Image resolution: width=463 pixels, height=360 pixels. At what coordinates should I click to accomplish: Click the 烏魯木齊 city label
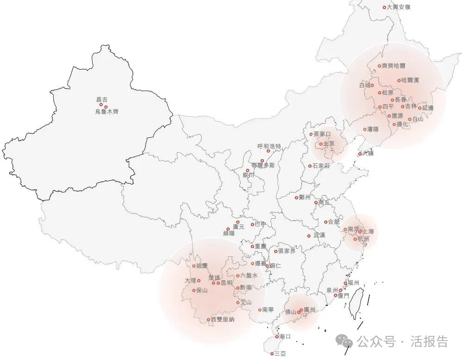click(106, 112)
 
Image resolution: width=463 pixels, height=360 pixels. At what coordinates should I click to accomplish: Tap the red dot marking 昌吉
click(101, 105)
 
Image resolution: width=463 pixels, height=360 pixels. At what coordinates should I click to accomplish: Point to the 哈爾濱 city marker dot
click(399, 81)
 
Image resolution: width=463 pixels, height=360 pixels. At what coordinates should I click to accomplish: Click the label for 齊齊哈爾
click(393, 66)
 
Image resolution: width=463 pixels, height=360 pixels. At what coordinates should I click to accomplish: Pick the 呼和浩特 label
click(269, 146)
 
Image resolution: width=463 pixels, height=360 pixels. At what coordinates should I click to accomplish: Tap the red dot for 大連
click(360, 154)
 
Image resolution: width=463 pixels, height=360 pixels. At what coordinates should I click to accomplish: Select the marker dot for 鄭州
click(297, 198)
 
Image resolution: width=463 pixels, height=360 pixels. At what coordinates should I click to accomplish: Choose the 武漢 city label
click(319, 236)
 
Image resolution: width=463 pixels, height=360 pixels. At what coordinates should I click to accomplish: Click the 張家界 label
click(287, 251)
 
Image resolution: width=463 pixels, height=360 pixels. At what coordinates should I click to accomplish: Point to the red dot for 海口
click(277, 336)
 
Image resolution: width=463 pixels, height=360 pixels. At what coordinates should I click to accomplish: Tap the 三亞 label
click(280, 354)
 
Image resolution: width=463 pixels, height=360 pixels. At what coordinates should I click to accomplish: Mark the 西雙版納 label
click(222, 320)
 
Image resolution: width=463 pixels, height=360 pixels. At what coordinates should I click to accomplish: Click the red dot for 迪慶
click(194, 266)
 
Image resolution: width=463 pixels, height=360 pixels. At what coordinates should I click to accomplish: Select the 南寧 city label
click(268, 310)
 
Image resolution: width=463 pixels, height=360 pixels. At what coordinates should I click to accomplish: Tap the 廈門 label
click(343, 295)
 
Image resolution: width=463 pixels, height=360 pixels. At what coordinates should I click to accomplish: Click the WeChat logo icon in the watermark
click(345, 341)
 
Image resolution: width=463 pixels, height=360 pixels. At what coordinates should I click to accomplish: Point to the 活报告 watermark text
click(429, 342)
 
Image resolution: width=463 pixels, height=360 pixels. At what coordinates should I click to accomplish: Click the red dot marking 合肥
click(325, 222)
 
